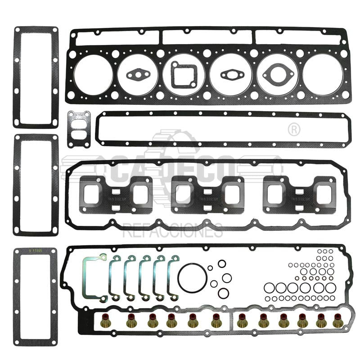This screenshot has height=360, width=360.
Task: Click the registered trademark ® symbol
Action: (293, 130)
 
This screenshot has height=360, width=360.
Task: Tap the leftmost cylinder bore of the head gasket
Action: (93, 75)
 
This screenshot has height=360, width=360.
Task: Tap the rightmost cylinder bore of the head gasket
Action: (323, 75)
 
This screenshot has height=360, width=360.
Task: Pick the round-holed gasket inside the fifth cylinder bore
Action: (277, 74)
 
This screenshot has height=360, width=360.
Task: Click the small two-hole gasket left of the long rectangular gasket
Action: (79, 129)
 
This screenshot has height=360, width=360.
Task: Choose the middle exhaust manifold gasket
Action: (207, 194)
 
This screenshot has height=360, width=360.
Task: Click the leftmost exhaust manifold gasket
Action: (116, 194)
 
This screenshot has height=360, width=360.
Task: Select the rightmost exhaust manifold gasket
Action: (299, 194)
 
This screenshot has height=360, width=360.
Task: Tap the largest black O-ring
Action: (192, 278)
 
